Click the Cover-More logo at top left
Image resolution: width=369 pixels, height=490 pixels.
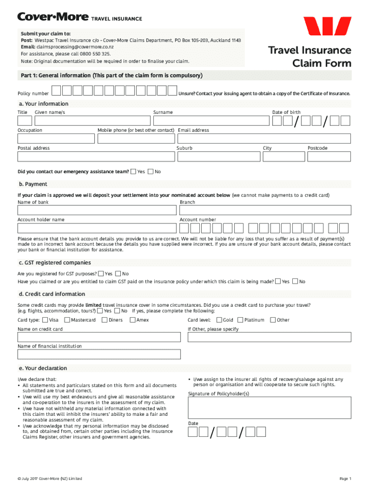[x=53, y=18]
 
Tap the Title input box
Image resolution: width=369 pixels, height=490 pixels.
[x=25, y=121]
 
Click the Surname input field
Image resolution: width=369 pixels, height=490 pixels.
[x=211, y=121]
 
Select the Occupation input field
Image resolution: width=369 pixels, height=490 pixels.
[x=56, y=139]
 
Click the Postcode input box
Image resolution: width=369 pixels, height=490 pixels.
[x=329, y=156]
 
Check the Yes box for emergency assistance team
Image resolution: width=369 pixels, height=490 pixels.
[x=133, y=171]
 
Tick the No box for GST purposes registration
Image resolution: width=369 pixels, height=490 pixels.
[x=118, y=274]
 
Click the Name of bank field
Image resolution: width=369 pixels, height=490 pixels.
[x=97, y=211]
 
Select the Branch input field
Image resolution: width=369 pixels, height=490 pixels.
[x=265, y=211]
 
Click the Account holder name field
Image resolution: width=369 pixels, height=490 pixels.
[x=97, y=228]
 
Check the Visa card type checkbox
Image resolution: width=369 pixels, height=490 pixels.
[x=45, y=320]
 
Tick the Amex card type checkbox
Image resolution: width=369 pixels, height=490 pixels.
[x=133, y=320]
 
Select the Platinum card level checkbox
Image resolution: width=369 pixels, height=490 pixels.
[x=241, y=320]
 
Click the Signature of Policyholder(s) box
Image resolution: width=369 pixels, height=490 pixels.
[x=269, y=408]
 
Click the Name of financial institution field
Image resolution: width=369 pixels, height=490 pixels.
[x=99, y=354]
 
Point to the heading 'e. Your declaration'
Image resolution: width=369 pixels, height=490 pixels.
[x=43, y=368]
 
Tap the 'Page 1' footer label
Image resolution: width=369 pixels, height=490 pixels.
[x=345, y=479]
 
